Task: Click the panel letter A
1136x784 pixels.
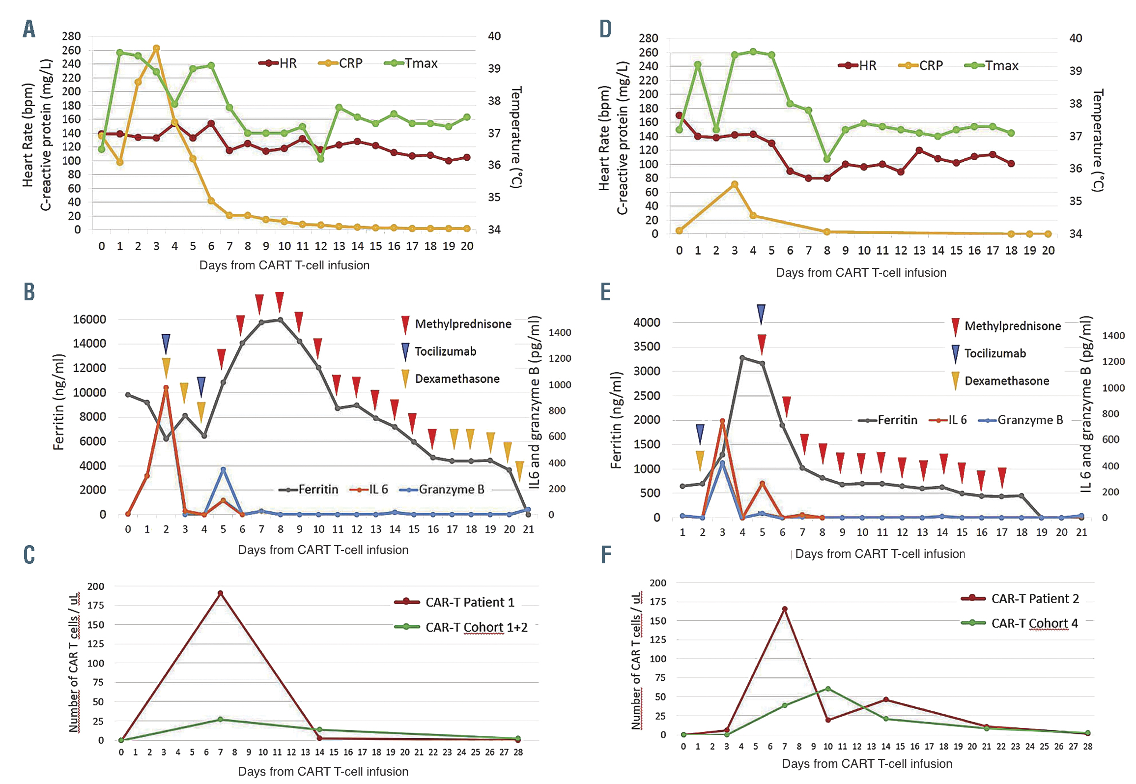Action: click(29, 29)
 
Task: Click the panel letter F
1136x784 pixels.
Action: click(606, 554)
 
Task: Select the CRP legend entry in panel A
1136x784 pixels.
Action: click(341, 63)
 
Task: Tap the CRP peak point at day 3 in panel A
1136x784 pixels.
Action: click(156, 48)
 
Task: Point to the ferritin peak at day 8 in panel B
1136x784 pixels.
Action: click(280, 320)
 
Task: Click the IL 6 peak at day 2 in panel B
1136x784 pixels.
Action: click(166, 388)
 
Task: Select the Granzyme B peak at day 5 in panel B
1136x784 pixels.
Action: click(223, 469)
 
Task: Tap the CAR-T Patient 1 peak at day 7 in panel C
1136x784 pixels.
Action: click(220, 593)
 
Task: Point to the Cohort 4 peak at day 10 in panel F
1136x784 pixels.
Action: click(828, 689)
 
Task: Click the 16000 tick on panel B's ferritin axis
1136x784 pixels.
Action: click(89, 319)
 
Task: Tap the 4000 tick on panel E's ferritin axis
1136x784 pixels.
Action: click(647, 322)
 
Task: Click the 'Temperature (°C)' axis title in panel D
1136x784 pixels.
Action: click(1098, 140)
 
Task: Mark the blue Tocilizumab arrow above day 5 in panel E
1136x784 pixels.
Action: click(761, 314)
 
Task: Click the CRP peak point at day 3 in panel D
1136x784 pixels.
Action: click(735, 184)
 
